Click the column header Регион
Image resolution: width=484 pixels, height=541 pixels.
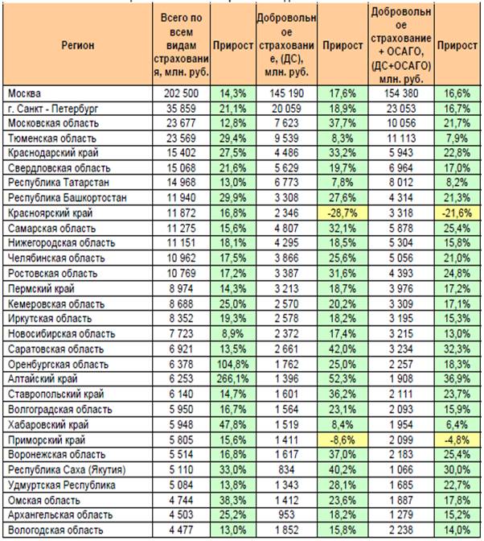tap(77, 45)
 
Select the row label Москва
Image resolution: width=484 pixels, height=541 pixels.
tap(24, 93)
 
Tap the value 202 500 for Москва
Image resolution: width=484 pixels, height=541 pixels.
tap(181, 93)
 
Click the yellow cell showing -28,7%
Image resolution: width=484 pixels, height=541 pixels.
tap(342, 213)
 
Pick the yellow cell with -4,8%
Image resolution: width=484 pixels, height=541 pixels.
tap(457, 440)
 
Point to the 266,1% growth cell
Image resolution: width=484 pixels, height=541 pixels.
tap(233, 379)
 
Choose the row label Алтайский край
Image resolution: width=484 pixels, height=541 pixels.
tap(43, 379)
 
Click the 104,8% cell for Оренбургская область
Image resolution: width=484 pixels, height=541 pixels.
tap(233, 364)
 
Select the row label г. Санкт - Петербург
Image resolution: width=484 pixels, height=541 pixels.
tap(53, 109)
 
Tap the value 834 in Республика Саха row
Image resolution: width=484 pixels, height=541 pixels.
tap(286, 469)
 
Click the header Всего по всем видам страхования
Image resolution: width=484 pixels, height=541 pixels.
tap(181, 45)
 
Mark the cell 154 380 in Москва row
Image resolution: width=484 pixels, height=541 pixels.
tap(401, 93)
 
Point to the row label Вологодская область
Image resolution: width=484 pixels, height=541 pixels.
tap(55, 530)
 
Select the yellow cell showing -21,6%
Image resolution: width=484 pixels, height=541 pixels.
tap(457, 213)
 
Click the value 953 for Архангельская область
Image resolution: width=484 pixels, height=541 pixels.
tap(286, 514)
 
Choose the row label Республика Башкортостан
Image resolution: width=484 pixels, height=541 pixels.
tap(68, 198)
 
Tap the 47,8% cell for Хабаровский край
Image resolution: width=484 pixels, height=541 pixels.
tap(233, 425)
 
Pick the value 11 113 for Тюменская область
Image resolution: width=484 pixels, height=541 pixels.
tap(401, 138)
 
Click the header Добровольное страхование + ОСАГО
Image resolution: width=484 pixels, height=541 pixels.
tap(401, 45)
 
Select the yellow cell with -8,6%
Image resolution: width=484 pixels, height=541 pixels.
tap(342, 440)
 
